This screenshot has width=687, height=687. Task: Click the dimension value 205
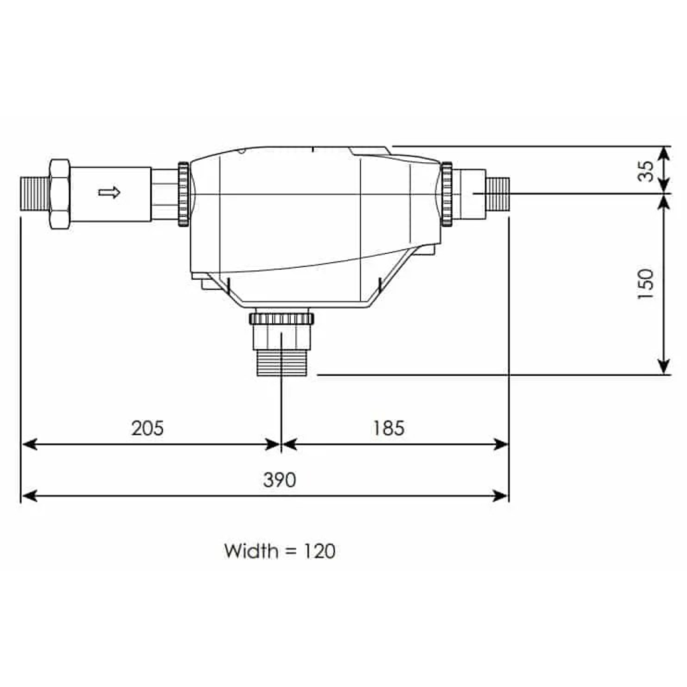(x=147, y=428)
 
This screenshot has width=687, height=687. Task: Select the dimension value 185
(x=388, y=428)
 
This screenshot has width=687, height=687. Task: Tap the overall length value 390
(x=279, y=480)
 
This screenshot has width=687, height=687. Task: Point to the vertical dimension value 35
(x=646, y=170)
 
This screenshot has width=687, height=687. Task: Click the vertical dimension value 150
(x=646, y=284)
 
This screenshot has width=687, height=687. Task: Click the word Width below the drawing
(x=251, y=550)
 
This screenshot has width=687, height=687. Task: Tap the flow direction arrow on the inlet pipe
(x=109, y=192)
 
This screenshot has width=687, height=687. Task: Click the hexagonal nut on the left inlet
(x=59, y=193)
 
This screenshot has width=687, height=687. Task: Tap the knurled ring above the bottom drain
(x=282, y=318)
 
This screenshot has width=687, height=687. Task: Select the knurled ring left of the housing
(x=183, y=194)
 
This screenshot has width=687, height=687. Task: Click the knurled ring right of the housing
(x=447, y=193)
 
